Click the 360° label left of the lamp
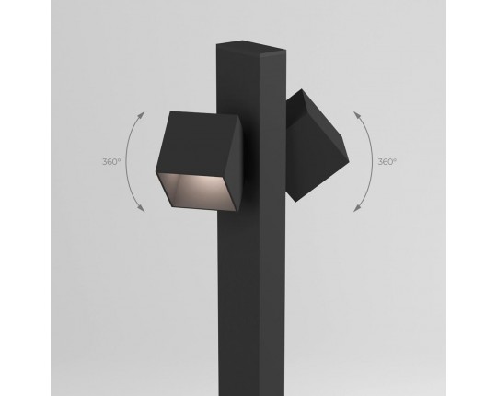pos(111,162)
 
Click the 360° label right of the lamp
pos(387,162)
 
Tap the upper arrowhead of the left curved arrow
pos(142,115)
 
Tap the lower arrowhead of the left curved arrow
pos(142,208)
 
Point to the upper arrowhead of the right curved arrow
pos(357,115)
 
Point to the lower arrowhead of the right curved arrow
pos(357,208)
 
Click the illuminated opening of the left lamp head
pos(196,192)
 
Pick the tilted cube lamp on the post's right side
pos(316,146)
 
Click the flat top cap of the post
pos(250,45)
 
